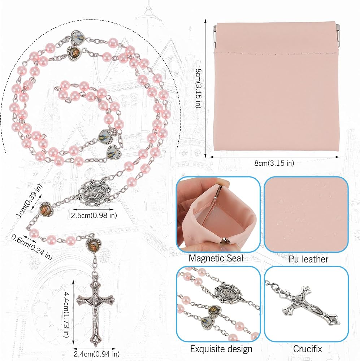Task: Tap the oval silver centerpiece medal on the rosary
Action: tap(94, 193)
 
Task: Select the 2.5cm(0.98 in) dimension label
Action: tap(94, 216)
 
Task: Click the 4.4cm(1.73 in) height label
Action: tap(66, 315)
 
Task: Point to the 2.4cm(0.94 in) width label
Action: tap(96, 354)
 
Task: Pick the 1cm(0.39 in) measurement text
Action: tap(29, 201)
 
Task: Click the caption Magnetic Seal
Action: tap(216, 258)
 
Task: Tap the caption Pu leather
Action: tap(308, 259)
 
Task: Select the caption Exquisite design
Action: tap(221, 349)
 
